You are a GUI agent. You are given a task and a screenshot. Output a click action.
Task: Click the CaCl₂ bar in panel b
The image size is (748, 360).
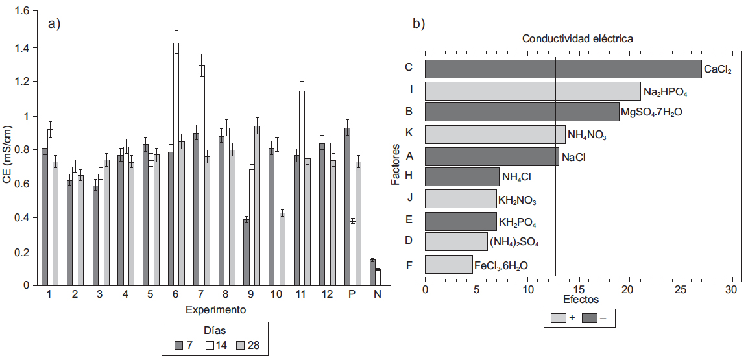pos(563,69)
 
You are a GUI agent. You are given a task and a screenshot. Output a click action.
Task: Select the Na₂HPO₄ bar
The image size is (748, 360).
pos(533,91)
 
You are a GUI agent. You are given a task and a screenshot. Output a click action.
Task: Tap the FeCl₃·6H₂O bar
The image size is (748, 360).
pos(448,264)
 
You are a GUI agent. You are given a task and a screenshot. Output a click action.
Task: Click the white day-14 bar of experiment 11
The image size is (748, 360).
pos(302,188)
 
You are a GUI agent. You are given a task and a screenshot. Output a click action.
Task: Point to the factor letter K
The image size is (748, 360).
pos(409,134)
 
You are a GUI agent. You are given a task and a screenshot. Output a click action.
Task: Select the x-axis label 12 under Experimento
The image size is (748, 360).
pos(327,294)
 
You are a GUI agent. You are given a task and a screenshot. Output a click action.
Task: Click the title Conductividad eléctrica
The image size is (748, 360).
pos(577,39)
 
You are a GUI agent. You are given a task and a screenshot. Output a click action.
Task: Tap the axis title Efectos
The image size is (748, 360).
pos(581,300)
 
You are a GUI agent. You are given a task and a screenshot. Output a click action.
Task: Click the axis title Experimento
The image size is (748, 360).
pos(215,309)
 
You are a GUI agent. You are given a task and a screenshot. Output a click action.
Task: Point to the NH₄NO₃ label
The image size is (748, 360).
pos(588,135)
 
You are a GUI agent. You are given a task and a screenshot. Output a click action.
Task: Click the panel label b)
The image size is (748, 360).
pos(419,24)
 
